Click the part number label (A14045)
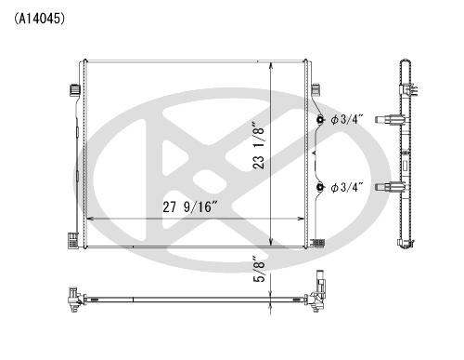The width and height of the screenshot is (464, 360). (x=39, y=19)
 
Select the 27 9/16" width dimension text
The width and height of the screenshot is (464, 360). (x=190, y=207)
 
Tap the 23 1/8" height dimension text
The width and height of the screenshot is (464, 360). (x=259, y=145)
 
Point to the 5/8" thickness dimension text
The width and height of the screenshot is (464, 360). (x=259, y=269)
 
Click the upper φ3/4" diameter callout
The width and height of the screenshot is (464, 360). (x=347, y=119)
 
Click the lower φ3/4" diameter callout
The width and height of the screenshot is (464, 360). (x=347, y=187)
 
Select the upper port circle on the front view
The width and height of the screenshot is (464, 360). (x=320, y=119)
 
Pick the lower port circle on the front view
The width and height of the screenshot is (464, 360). (x=320, y=187)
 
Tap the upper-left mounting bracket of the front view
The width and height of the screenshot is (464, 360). (x=74, y=89)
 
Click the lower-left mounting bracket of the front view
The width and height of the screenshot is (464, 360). (x=72, y=240)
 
